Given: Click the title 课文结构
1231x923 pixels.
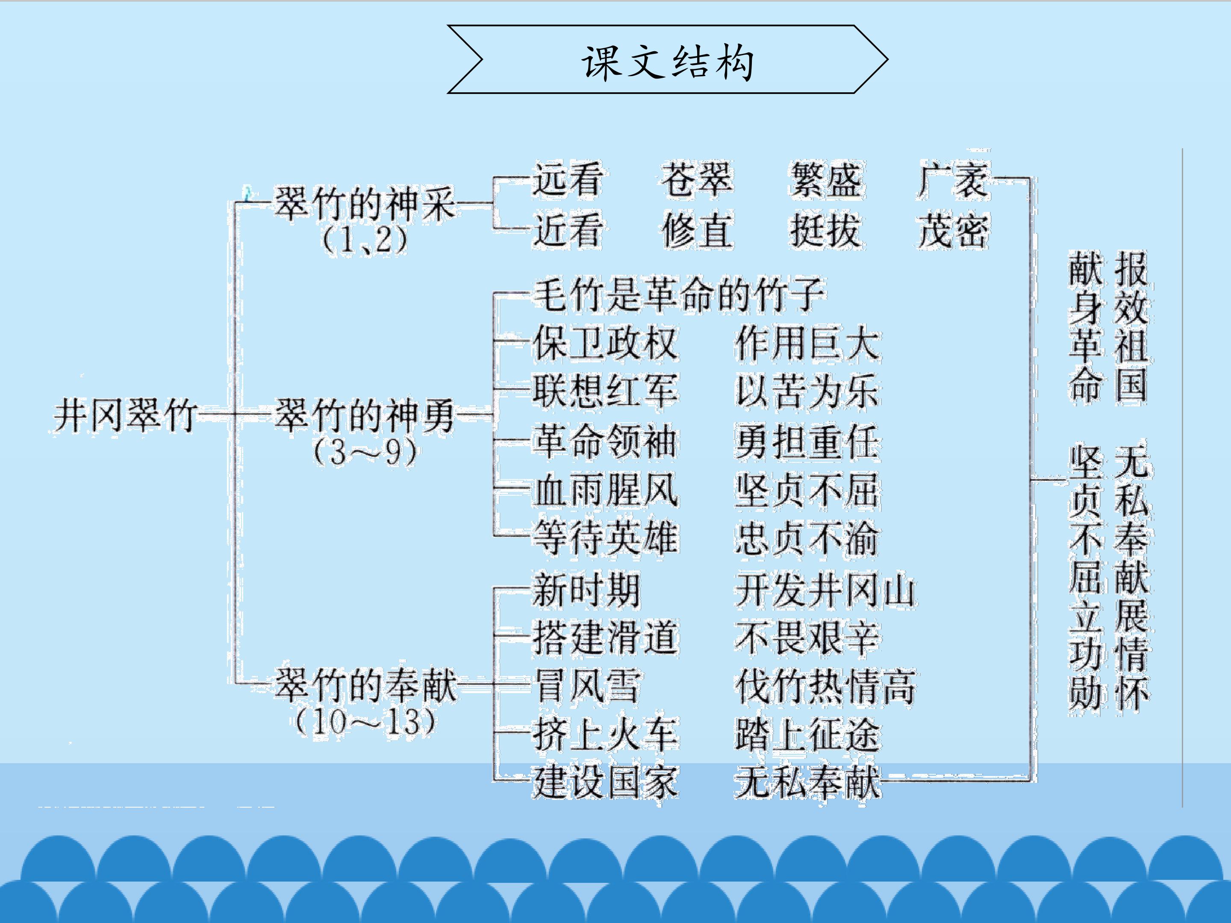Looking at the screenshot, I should click(x=667, y=61).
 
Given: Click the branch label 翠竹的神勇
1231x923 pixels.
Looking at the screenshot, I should click(x=365, y=415).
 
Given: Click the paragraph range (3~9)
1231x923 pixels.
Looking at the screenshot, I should click(x=365, y=452).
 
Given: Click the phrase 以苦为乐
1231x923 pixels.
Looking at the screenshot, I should click(x=807, y=391).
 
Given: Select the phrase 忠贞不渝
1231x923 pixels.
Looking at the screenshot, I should click(x=807, y=538).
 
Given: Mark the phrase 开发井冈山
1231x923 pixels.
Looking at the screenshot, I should click(x=825, y=590).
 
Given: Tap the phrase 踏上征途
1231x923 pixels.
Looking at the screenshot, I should click(x=807, y=735).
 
